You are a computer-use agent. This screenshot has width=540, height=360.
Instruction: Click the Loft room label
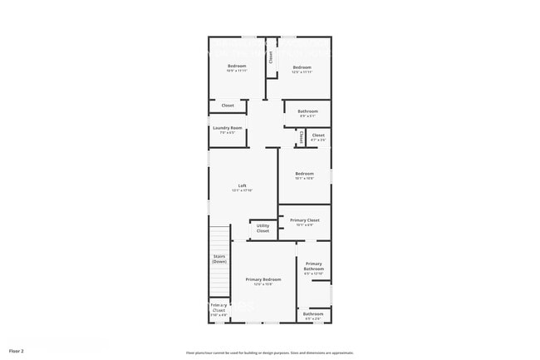[242, 185]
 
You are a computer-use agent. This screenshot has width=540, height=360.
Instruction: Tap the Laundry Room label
[227, 127]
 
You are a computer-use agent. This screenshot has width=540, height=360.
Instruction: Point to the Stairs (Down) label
[219, 259]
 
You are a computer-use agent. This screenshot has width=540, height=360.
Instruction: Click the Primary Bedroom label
[263, 279]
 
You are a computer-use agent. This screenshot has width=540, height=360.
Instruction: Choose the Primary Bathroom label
[313, 266]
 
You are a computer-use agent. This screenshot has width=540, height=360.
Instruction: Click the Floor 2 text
[17, 351]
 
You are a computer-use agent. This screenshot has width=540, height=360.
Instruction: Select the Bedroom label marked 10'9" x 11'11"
[238, 67]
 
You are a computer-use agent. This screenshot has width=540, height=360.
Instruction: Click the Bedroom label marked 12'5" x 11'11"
[302, 67]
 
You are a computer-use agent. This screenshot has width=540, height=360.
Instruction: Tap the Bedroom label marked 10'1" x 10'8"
[304, 174]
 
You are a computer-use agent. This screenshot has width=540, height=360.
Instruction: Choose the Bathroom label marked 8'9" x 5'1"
[307, 111]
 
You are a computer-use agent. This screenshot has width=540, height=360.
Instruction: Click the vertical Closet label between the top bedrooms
[270, 57]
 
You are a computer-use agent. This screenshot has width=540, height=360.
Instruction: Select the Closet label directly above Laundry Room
[228, 106]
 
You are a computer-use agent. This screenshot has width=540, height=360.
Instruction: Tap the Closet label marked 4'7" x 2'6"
[318, 135]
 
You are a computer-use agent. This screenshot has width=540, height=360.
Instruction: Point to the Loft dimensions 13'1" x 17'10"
[242, 190]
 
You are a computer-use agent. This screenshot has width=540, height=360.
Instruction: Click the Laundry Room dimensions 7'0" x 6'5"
[227, 132]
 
